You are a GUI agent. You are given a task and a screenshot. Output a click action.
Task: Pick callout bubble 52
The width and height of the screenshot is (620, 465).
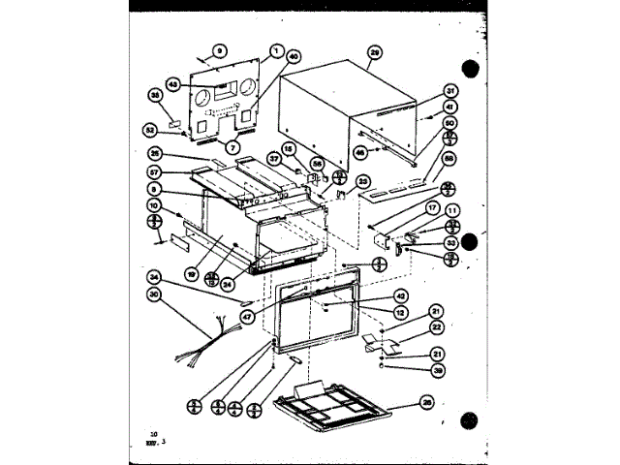coord(150,129)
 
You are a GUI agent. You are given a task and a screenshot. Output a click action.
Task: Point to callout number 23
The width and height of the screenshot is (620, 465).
coord(364,180)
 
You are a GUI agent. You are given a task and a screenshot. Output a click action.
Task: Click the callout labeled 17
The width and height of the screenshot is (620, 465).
coord(431,208)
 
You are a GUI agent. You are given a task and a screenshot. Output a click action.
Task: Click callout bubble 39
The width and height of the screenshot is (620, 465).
coord(437,371)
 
